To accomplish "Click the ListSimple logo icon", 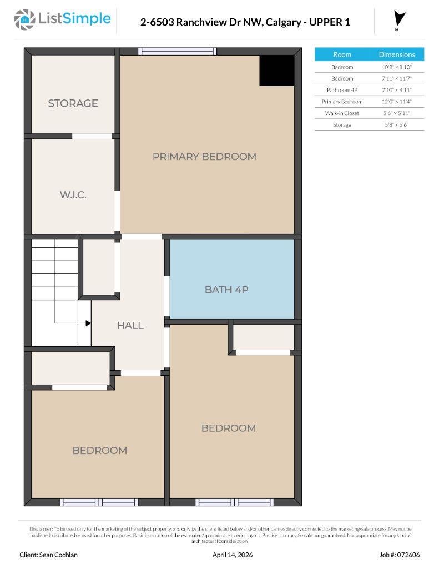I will coord(24,19).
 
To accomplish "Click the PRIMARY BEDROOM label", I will coord(204,157).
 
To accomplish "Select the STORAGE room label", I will coord(73,103).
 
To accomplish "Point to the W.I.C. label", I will coord(73,195).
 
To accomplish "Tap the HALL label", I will coord(130,326).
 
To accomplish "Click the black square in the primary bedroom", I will coord(276,71).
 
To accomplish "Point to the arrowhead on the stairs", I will coord(88,323).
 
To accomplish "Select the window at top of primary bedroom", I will coord(177,51).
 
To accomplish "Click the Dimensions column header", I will coord(396,54).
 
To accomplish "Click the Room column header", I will coord(342,54).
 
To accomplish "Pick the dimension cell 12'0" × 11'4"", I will coord(396,102).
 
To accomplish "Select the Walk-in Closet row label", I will coord(342,113).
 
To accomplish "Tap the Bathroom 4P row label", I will coord(342,90).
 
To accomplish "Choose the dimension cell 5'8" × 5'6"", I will coord(396,125).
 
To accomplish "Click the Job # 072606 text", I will coord(400,555).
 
